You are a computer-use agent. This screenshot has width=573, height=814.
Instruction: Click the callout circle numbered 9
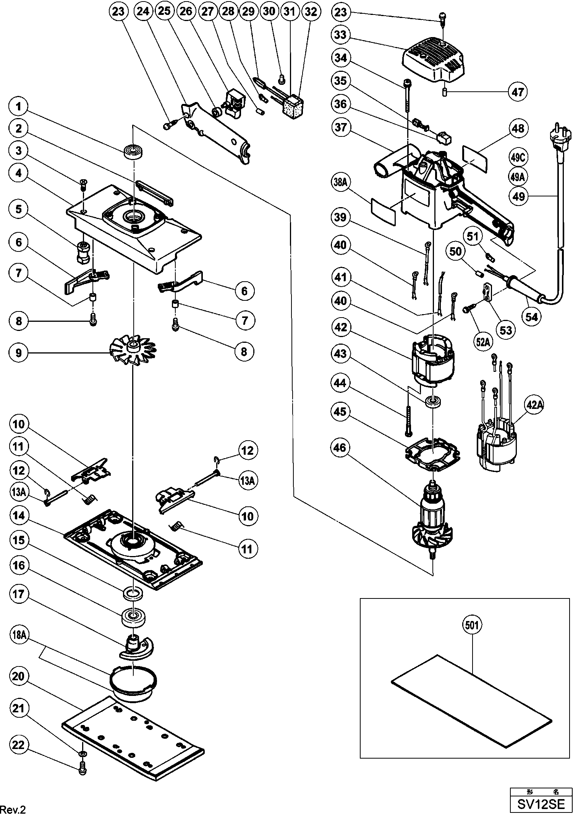[19, 352]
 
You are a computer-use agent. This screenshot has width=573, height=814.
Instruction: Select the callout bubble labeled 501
[472, 625]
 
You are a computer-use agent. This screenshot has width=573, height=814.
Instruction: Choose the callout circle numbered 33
[340, 34]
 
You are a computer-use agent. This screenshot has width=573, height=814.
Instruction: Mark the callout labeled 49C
[518, 157]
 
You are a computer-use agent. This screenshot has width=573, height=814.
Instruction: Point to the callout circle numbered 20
[19, 677]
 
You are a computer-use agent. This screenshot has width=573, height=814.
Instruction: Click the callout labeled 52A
[483, 342]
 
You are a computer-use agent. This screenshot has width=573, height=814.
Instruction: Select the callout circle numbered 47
[518, 92]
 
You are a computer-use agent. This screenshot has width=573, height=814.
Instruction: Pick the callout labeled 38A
[340, 182]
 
